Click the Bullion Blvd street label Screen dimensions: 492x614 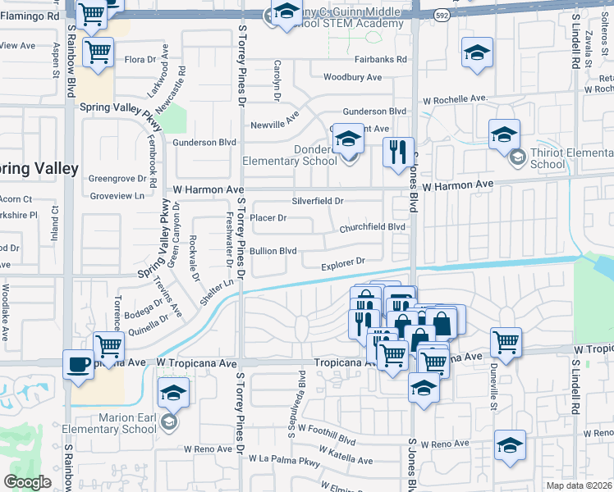point(273,251)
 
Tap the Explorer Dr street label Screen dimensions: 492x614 point(342,263)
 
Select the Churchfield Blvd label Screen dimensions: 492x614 point(373,227)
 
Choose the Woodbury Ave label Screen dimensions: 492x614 point(352,77)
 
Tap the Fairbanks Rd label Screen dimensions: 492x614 point(380,60)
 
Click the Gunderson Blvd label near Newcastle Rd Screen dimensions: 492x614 point(204,142)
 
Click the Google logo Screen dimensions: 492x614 point(27,481)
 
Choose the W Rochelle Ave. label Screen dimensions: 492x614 point(455,99)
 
